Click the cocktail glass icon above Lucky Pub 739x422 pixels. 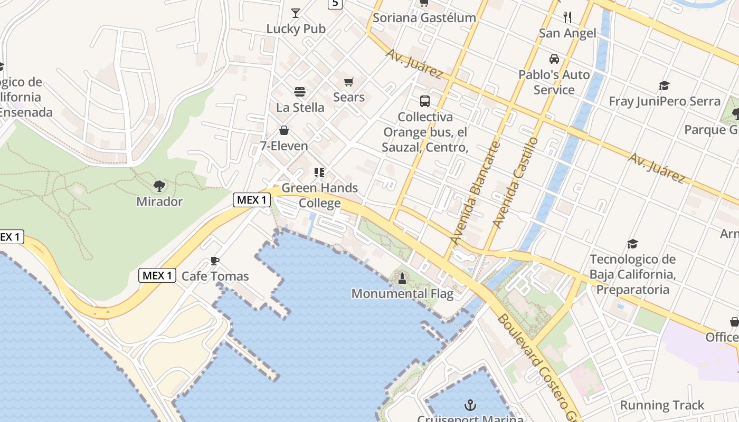[296, 13]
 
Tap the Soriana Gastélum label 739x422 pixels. [424, 17]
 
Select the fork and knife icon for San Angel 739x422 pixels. [567, 17]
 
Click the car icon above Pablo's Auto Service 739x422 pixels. [554, 59]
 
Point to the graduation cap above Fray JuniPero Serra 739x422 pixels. [664, 85]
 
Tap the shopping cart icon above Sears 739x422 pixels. [348, 82]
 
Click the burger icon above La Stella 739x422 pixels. [300, 92]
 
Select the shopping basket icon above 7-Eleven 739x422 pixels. [284, 130]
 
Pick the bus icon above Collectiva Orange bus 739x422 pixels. [425, 101]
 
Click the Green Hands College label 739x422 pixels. [320, 195]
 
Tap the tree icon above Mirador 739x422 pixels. [159, 186]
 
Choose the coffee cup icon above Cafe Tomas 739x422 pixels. [215, 261]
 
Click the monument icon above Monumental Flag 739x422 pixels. [402, 278]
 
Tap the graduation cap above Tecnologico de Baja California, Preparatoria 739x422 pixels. [632, 244]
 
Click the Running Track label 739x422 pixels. [662, 405]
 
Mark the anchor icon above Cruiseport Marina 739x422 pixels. [470, 405]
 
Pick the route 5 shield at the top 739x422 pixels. [335, 4]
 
